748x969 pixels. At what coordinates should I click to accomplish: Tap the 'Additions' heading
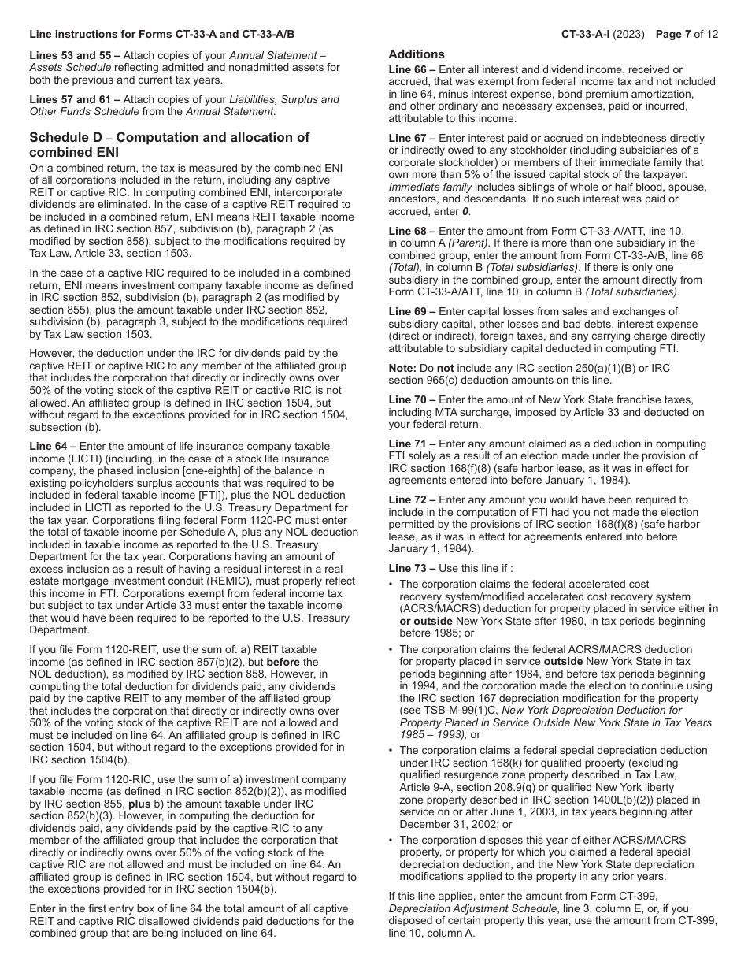(417, 54)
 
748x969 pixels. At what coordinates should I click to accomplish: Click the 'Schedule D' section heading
(169, 144)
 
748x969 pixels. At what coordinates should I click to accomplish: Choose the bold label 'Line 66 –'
(412, 70)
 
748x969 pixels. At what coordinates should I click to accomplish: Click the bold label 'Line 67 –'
(412, 139)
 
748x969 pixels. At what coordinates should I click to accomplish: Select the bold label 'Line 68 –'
(412, 231)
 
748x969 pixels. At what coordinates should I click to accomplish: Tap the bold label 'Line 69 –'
(412, 311)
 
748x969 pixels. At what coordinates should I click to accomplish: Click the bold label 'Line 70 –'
(412, 400)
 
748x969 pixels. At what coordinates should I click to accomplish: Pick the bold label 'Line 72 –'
(412, 500)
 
